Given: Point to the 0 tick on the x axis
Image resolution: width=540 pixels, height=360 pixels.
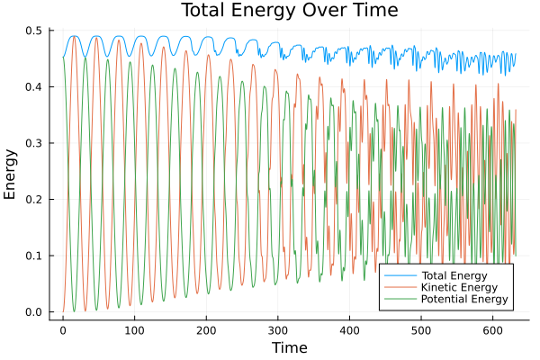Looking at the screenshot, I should [x=63, y=330].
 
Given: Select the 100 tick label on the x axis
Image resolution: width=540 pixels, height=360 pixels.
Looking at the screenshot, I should [x=134, y=330].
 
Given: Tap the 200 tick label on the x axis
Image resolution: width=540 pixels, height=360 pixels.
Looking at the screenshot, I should [x=206, y=330].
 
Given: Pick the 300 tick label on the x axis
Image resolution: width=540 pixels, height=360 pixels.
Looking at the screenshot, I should [x=278, y=330].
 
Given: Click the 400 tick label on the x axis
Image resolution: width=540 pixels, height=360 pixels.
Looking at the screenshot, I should [x=350, y=330].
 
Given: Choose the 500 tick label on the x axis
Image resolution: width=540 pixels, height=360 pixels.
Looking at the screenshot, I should [x=421, y=330].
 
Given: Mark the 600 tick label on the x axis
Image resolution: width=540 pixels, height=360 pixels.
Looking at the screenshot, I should [x=493, y=330].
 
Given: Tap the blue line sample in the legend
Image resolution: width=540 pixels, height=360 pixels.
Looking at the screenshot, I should [x=394, y=274].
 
